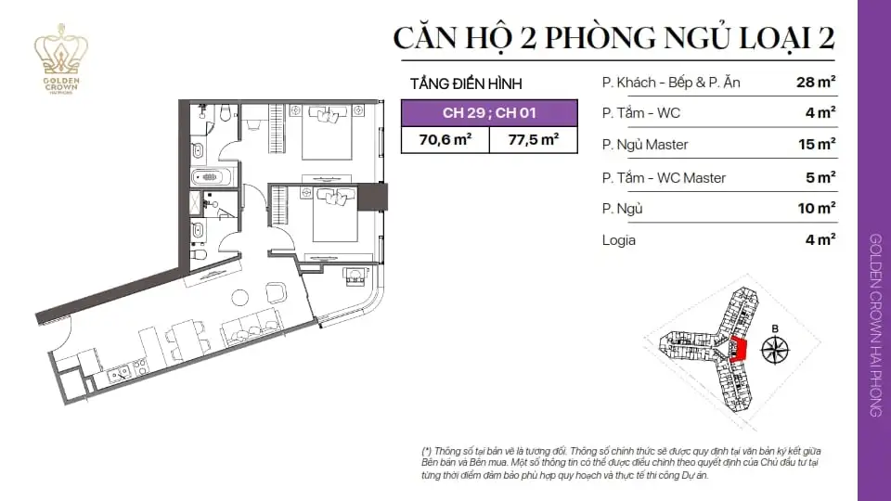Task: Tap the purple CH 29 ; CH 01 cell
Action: click(x=489, y=112)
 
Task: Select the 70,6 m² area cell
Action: click(x=445, y=140)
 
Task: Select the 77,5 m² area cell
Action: click(x=533, y=140)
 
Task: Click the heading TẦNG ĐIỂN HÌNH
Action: click(x=466, y=84)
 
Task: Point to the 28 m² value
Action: click(x=816, y=83)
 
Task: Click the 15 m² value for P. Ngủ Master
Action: click(x=817, y=145)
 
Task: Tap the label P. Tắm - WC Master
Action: click(x=664, y=178)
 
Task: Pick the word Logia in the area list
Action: click(x=619, y=240)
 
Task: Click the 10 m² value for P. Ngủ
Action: click(x=817, y=209)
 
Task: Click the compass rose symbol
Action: click(x=775, y=350)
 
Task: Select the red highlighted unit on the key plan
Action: click(x=738, y=350)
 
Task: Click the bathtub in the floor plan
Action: click(x=211, y=177)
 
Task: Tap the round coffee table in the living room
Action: click(x=239, y=298)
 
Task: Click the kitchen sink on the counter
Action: click(x=120, y=374)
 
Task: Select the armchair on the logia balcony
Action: click(x=355, y=276)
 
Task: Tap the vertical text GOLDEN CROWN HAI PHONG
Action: click(x=875, y=325)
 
